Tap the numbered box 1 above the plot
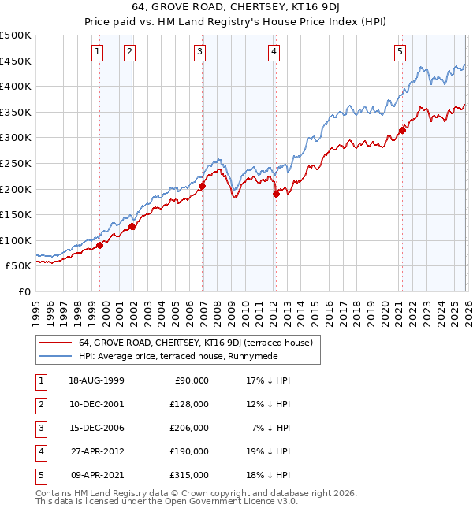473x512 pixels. click(97, 52)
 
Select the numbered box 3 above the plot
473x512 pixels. click(200, 52)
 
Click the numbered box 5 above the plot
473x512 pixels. click(400, 52)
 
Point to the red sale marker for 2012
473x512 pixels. click(276, 194)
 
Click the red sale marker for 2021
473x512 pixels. click(402, 130)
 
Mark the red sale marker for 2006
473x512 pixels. click(202, 186)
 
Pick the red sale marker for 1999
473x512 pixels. click(100, 246)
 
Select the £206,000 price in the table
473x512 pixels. click(189, 428)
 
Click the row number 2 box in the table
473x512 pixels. click(40, 404)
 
